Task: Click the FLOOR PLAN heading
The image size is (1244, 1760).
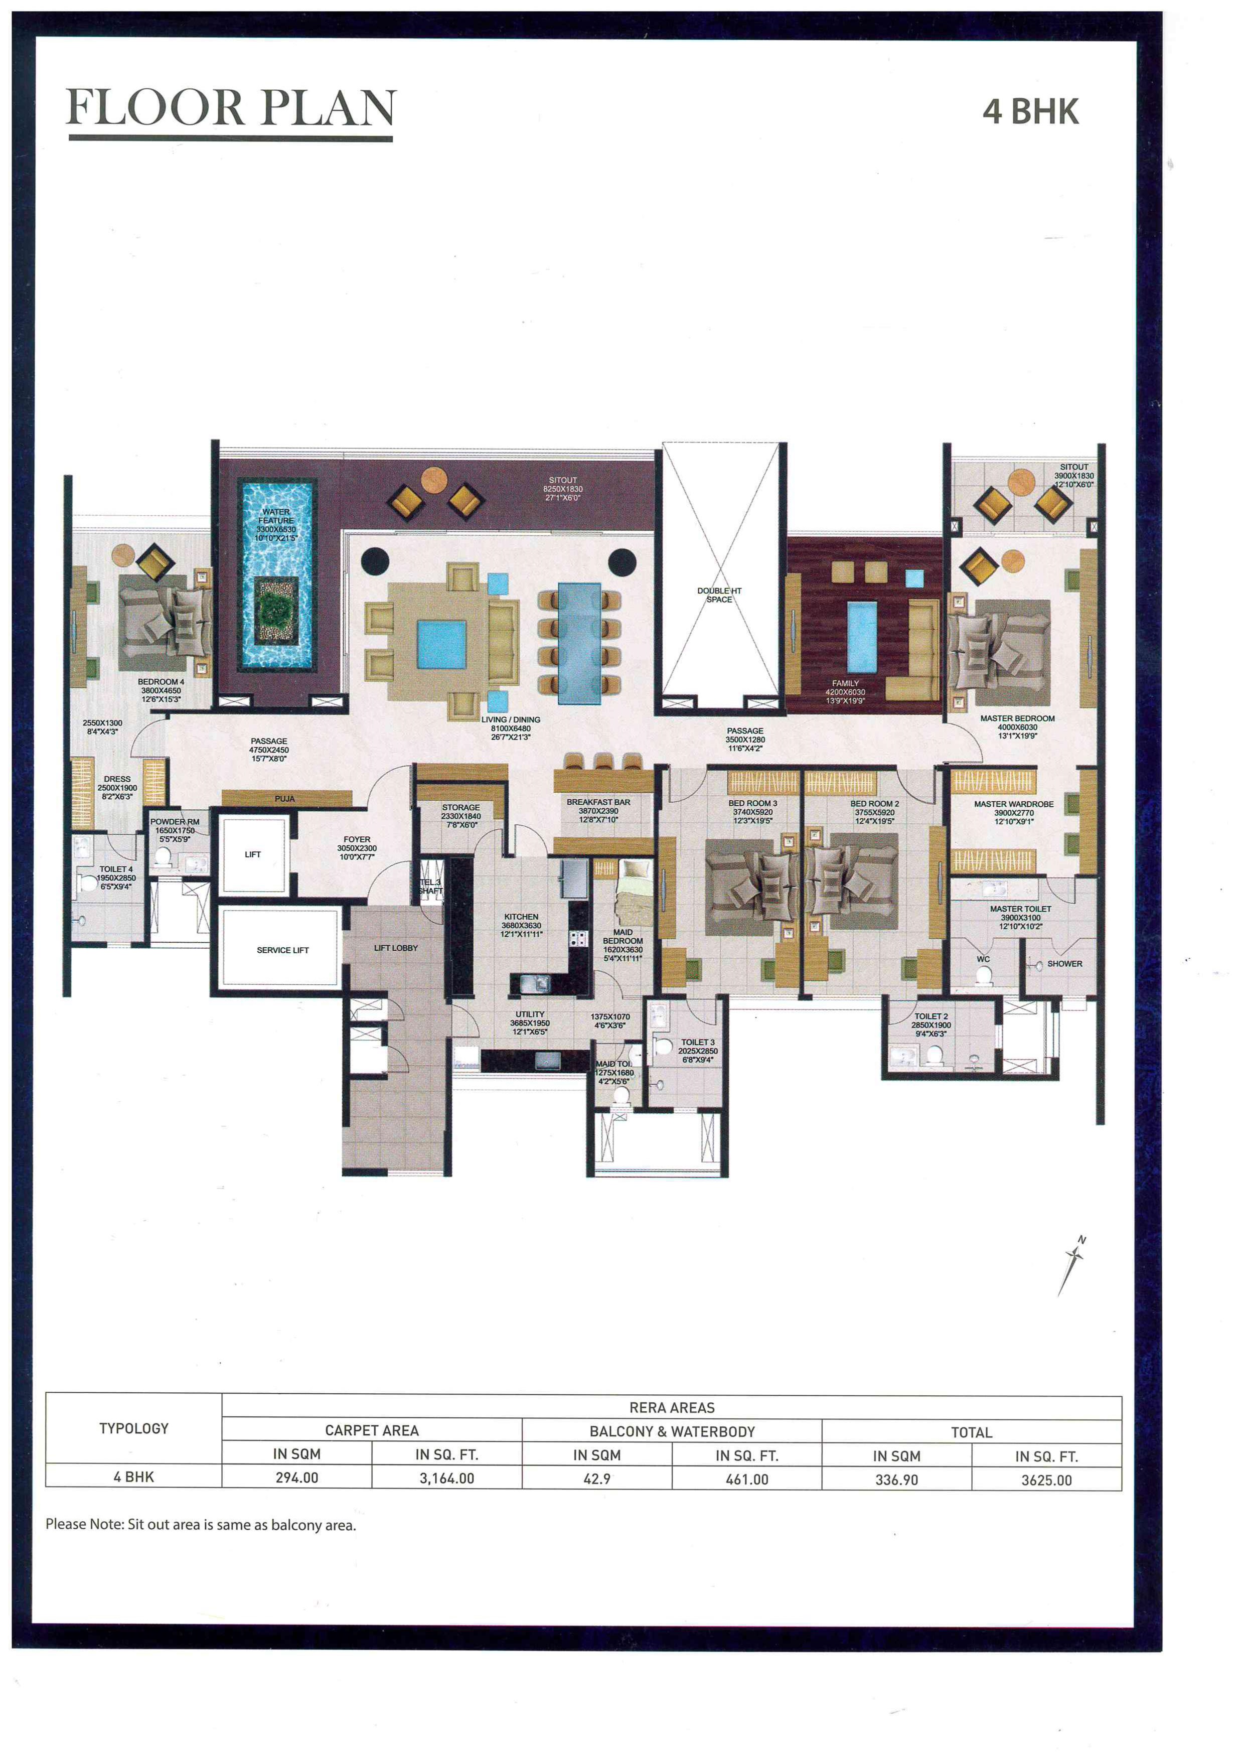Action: (x=231, y=107)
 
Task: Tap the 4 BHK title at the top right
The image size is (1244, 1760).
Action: (x=1030, y=112)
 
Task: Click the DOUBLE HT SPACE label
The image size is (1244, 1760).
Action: (x=719, y=595)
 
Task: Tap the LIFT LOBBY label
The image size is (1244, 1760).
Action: (x=395, y=948)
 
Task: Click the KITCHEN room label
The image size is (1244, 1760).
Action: (x=521, y=917)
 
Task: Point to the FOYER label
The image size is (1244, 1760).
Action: (x=357, y=839)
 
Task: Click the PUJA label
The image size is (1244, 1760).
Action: (x=284, y=799)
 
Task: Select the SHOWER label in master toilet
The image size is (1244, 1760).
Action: (x=1064, y=964)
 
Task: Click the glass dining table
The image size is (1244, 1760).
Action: (x=579, y=642)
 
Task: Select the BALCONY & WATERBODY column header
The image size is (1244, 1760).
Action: (x=672, y=1431)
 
